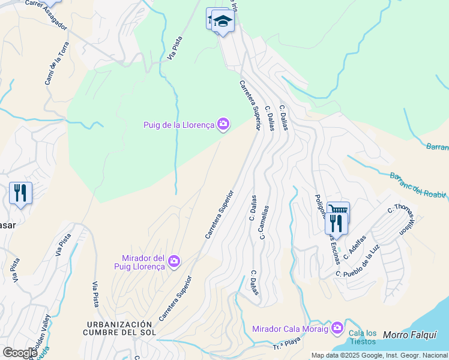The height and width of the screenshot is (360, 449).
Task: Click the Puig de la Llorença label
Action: point(179,125)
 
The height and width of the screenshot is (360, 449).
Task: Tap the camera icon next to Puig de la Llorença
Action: point(223,125)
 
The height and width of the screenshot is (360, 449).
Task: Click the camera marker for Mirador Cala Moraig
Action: point(337,328)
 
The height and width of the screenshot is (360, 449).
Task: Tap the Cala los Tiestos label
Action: point(363,338)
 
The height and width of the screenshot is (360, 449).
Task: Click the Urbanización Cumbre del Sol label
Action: point(119,328)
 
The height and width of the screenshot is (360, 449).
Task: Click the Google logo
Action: point(20,353)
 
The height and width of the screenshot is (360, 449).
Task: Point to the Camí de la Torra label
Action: point(58,62)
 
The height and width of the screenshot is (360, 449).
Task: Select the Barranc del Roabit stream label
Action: point(418,185)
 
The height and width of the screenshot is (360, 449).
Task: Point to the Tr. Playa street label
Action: point(286,344)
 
